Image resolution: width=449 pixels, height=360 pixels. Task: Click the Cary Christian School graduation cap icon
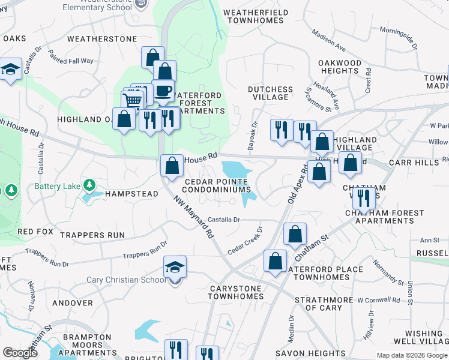175,267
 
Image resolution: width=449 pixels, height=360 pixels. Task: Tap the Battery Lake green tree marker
89,184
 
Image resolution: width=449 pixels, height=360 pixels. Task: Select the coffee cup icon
163,91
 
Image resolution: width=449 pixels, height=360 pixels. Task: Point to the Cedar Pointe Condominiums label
217,185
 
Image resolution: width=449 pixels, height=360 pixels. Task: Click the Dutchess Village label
271,93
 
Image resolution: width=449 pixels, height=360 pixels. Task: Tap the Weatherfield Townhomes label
256,16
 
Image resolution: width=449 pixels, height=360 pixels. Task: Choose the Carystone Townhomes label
236,292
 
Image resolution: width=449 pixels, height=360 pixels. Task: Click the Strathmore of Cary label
324,304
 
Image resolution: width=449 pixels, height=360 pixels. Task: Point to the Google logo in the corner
20,352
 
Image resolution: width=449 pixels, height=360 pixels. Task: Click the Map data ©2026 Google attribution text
411,356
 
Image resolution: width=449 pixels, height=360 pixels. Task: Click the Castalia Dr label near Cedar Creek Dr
224,220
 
